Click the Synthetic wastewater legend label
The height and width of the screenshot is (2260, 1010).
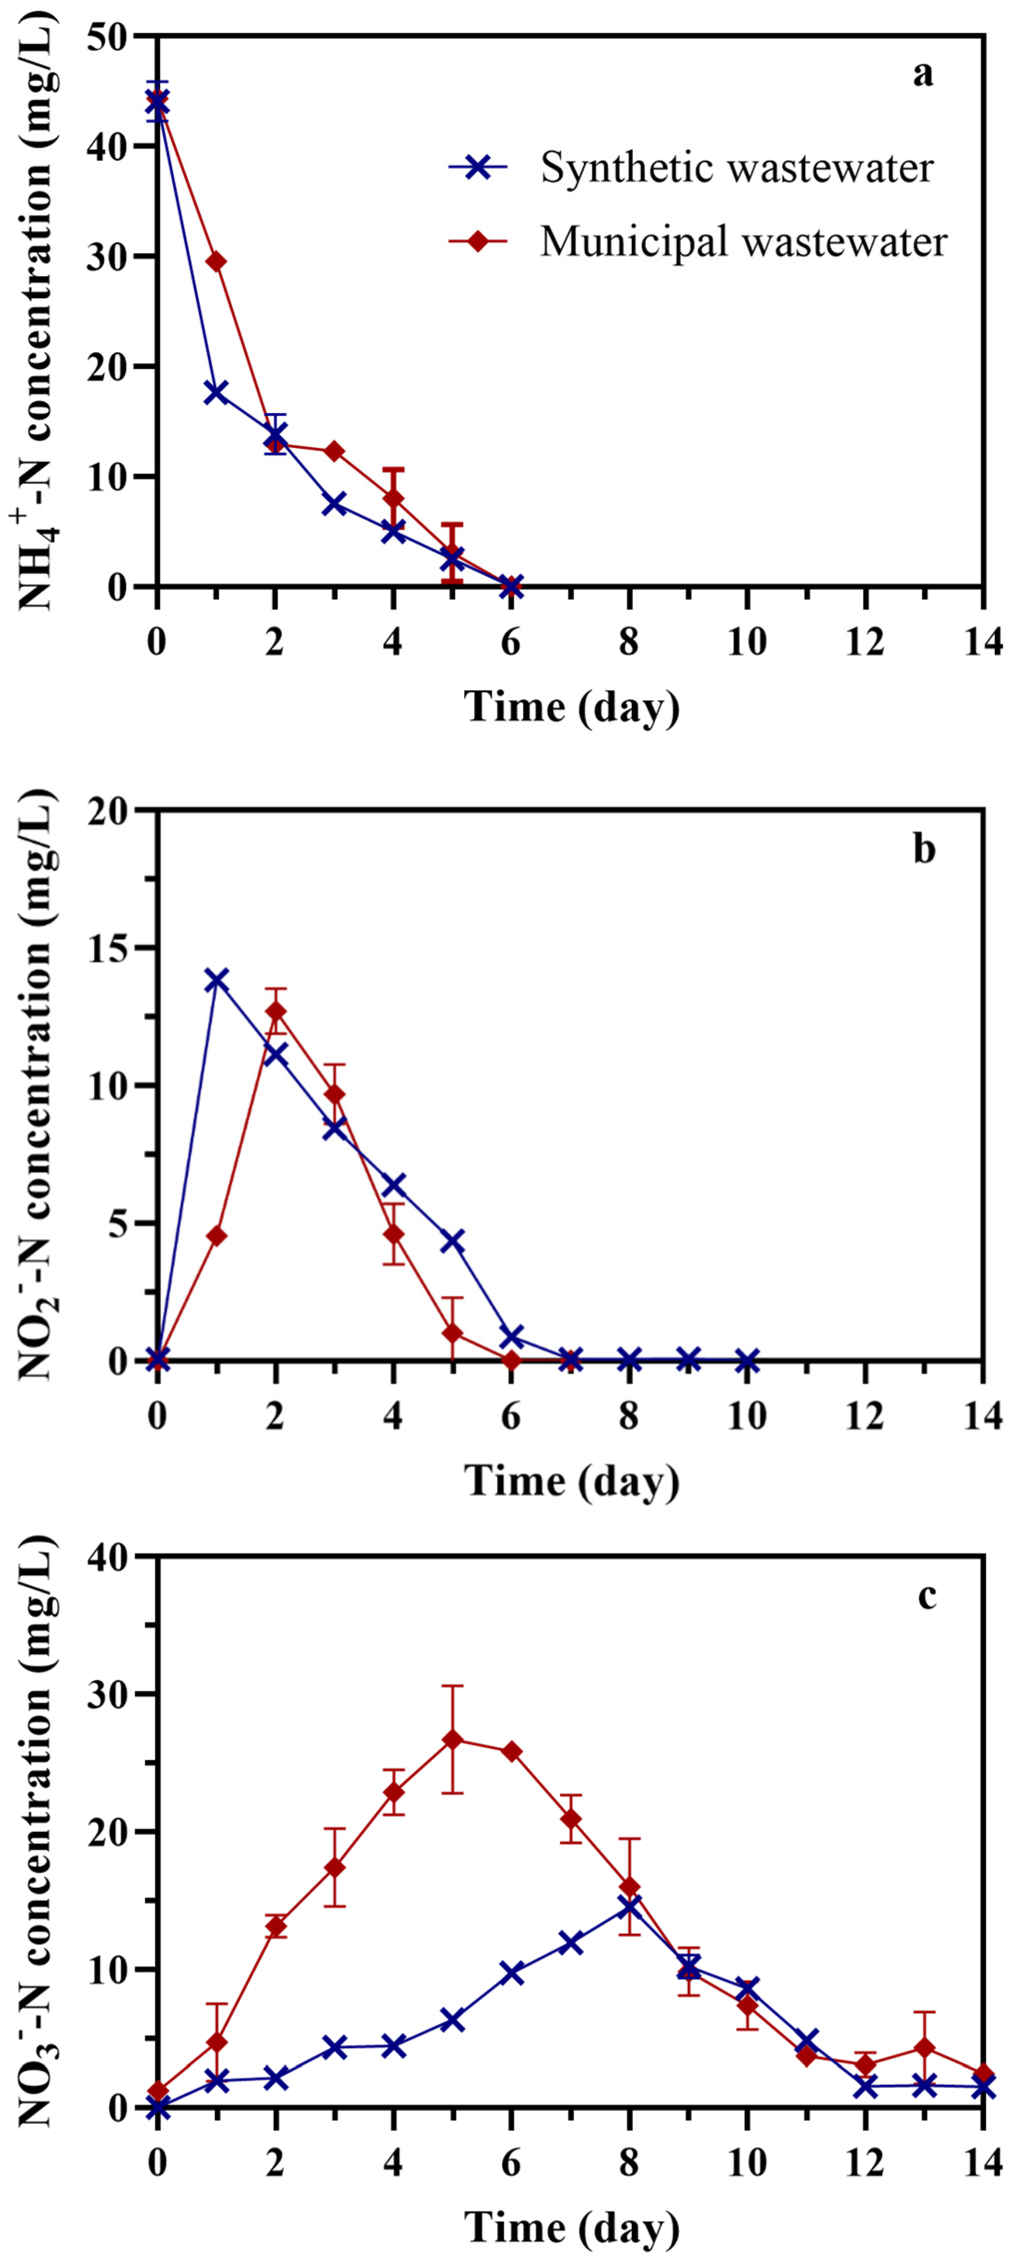(736, 168)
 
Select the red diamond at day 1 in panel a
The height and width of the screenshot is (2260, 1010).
(216, 261)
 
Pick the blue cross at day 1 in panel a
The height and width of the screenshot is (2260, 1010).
(216, 392)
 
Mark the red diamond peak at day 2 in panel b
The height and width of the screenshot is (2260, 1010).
(275, 1012)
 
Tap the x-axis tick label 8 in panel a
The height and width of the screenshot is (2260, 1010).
(628, 643)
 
